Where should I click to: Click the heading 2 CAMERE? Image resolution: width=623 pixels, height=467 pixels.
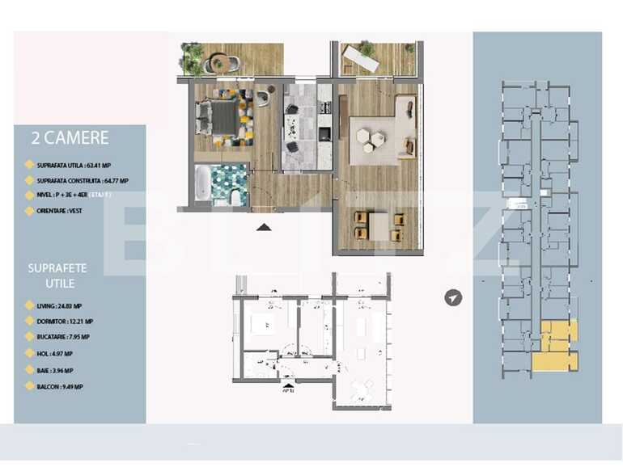tap(70, 138)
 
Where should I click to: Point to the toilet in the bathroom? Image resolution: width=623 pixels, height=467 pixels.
tap(235, 196)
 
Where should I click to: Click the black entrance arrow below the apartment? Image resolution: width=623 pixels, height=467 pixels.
tap(264, 228)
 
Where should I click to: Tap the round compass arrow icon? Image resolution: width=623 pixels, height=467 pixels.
tap(454, 298)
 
